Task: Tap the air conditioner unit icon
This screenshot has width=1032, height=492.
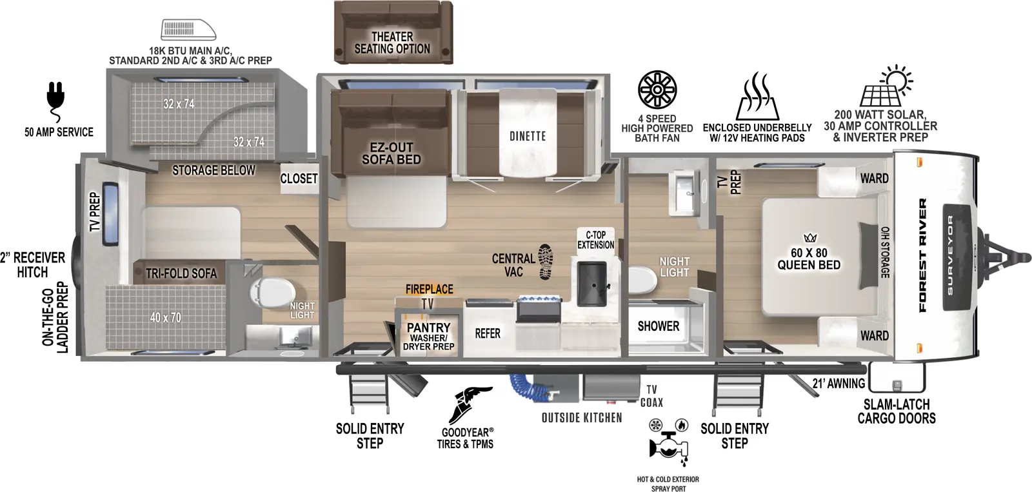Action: tap(188, 30)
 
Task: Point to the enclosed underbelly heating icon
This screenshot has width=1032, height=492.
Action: tap(757, 98)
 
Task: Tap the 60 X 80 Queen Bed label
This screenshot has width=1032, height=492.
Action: tap(809, 259)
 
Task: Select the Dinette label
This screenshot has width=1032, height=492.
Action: tap(528, 136)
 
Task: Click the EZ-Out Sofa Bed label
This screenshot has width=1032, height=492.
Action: tap(391, 153)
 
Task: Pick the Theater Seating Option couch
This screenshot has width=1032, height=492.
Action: tap(392, 33)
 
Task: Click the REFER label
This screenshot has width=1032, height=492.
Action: tap(488, 333)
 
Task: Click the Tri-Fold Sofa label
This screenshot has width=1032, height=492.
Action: tap(181, 273)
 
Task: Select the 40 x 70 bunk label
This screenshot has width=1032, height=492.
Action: tap(166, 317)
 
